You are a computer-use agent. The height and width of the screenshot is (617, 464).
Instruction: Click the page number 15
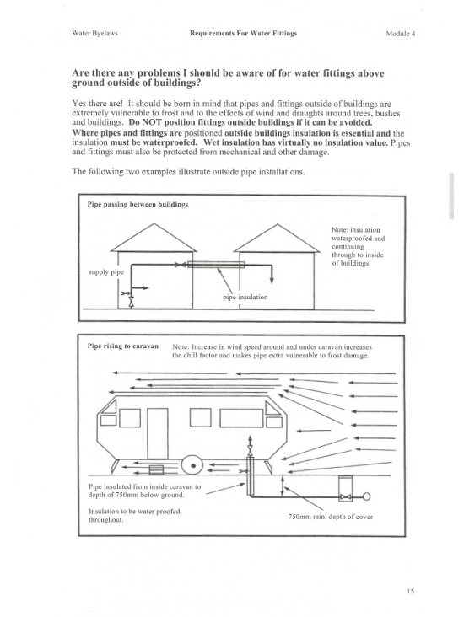tap(411, 591)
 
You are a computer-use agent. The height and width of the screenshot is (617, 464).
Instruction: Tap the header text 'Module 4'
tap(400, 34)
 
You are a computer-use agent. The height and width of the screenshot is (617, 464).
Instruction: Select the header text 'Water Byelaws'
tap(94, 34)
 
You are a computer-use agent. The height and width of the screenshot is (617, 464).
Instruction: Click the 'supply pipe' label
tap(106, 272)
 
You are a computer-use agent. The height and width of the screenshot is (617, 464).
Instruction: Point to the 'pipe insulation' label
tap(245, 297)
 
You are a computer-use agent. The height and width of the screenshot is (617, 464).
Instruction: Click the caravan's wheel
tap(192, 465)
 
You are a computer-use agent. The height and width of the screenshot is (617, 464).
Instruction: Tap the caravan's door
tap(158, 433)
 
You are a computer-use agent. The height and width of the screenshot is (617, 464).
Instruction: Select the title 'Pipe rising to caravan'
tap(123, 346)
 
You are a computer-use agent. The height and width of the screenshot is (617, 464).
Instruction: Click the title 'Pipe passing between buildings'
tap(138, 204)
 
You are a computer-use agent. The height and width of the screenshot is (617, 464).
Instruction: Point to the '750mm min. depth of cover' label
tap(330, 517)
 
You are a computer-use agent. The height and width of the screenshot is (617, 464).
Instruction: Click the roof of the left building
tap(154, 238)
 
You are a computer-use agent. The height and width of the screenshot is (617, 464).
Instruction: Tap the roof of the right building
tap(277, 238)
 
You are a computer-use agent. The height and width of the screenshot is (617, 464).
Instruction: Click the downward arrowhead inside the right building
tap(272, 280)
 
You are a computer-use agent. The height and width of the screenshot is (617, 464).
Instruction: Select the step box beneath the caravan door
tap(156, 470)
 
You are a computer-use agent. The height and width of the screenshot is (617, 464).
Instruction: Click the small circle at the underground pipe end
tap(366, 496)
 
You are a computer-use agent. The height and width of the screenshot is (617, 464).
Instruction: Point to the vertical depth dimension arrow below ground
tap(282, 486)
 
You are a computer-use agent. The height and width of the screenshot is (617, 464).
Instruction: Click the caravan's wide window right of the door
tap(241, 418)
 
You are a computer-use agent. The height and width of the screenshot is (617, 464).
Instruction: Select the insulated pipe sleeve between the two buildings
tap(216, 265)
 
